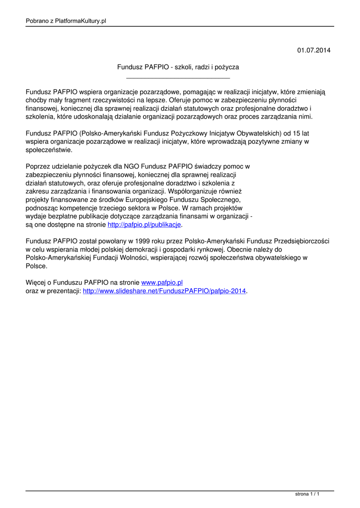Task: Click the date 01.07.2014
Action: click(x=313, y=51)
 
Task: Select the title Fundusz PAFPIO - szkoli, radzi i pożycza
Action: click(x=178, y=66)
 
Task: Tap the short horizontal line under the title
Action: click(x=178, y=78)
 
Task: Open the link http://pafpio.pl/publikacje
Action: click(x=144, y=225)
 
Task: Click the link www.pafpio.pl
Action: click(x=162, y=282)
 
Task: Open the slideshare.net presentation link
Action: click(x=164, y=291)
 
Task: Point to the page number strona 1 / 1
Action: click(x=307, y=494)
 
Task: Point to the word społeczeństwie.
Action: click(x=49, y=150)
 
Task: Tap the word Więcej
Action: click(x=37, y=282)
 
